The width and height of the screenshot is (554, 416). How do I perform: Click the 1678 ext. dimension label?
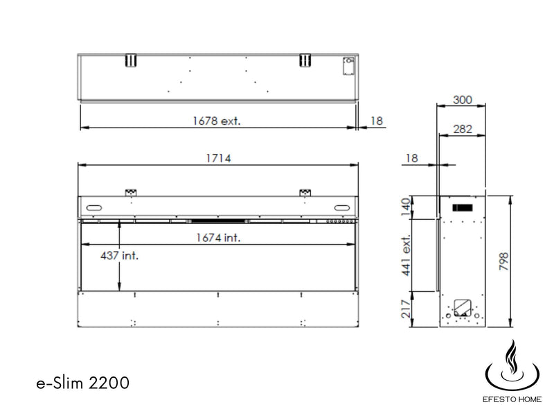click(x=216, y=121)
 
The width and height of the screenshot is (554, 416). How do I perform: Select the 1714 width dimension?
click(x=218, y=158)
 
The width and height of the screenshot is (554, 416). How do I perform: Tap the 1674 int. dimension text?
click(x=218, y=238)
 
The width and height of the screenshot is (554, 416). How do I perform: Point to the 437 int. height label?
click(x=119, y=255)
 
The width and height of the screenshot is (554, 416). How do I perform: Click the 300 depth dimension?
click(x=463, y=100)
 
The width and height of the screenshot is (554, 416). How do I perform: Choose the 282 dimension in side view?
click(x=463, y=129)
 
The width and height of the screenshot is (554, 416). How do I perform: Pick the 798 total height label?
click(x=504, y=261)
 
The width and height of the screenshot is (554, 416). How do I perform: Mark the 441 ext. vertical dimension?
click(x=406, y=254)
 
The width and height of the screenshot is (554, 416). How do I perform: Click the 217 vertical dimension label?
click(x=406, y=309)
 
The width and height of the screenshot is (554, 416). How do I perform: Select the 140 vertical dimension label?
click(x=406, y=207)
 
